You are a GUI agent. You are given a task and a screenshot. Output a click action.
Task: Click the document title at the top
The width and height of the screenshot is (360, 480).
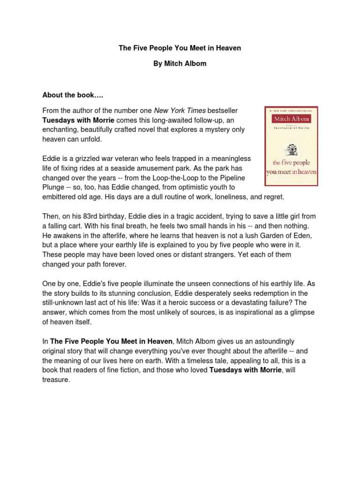[180, 48]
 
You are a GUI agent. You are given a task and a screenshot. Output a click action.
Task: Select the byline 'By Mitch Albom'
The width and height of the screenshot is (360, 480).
[180, 64]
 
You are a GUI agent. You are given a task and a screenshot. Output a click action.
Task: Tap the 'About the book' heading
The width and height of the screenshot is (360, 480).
[73, 95]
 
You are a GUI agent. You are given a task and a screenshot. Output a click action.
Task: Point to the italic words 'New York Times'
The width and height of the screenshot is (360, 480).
[180, 111]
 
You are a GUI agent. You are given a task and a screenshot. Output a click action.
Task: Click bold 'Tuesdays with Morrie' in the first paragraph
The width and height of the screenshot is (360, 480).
[78, 120]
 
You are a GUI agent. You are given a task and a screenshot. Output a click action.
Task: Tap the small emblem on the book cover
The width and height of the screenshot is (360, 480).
[291, 150]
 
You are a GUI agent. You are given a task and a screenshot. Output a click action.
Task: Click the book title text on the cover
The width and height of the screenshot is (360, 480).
[291, 167]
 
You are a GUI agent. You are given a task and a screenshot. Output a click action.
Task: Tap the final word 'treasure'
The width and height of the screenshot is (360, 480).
[55, 380]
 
